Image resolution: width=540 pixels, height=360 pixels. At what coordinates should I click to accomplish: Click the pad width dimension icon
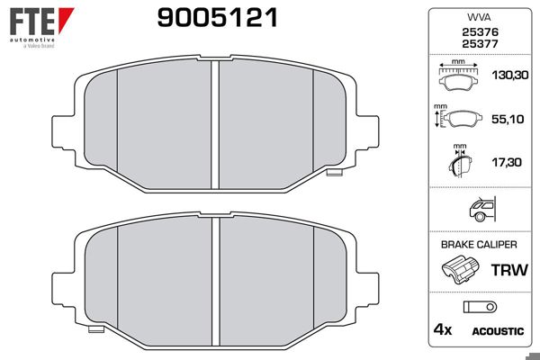coord(457,76)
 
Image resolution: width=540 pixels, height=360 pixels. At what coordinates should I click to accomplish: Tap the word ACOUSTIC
coord(497,331)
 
